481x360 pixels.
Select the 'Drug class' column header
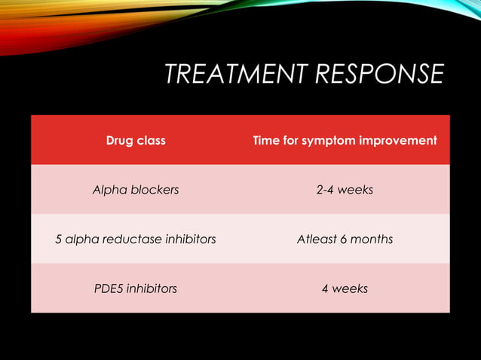click(136, 140)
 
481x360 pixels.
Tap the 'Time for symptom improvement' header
click(345, 140)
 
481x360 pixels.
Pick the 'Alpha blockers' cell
click(136, 190)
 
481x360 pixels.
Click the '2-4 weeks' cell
click(345, 190)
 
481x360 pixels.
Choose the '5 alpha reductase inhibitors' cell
click(136, 239)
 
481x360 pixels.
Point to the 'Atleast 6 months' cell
click(345, 239)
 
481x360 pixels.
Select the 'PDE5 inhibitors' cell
click(136, 288)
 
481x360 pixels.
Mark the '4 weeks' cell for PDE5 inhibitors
click(345, 288)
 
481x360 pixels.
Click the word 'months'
click(372, 239)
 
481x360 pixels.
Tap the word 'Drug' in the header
click(119, 140)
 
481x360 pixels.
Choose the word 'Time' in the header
click(265, 140)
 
